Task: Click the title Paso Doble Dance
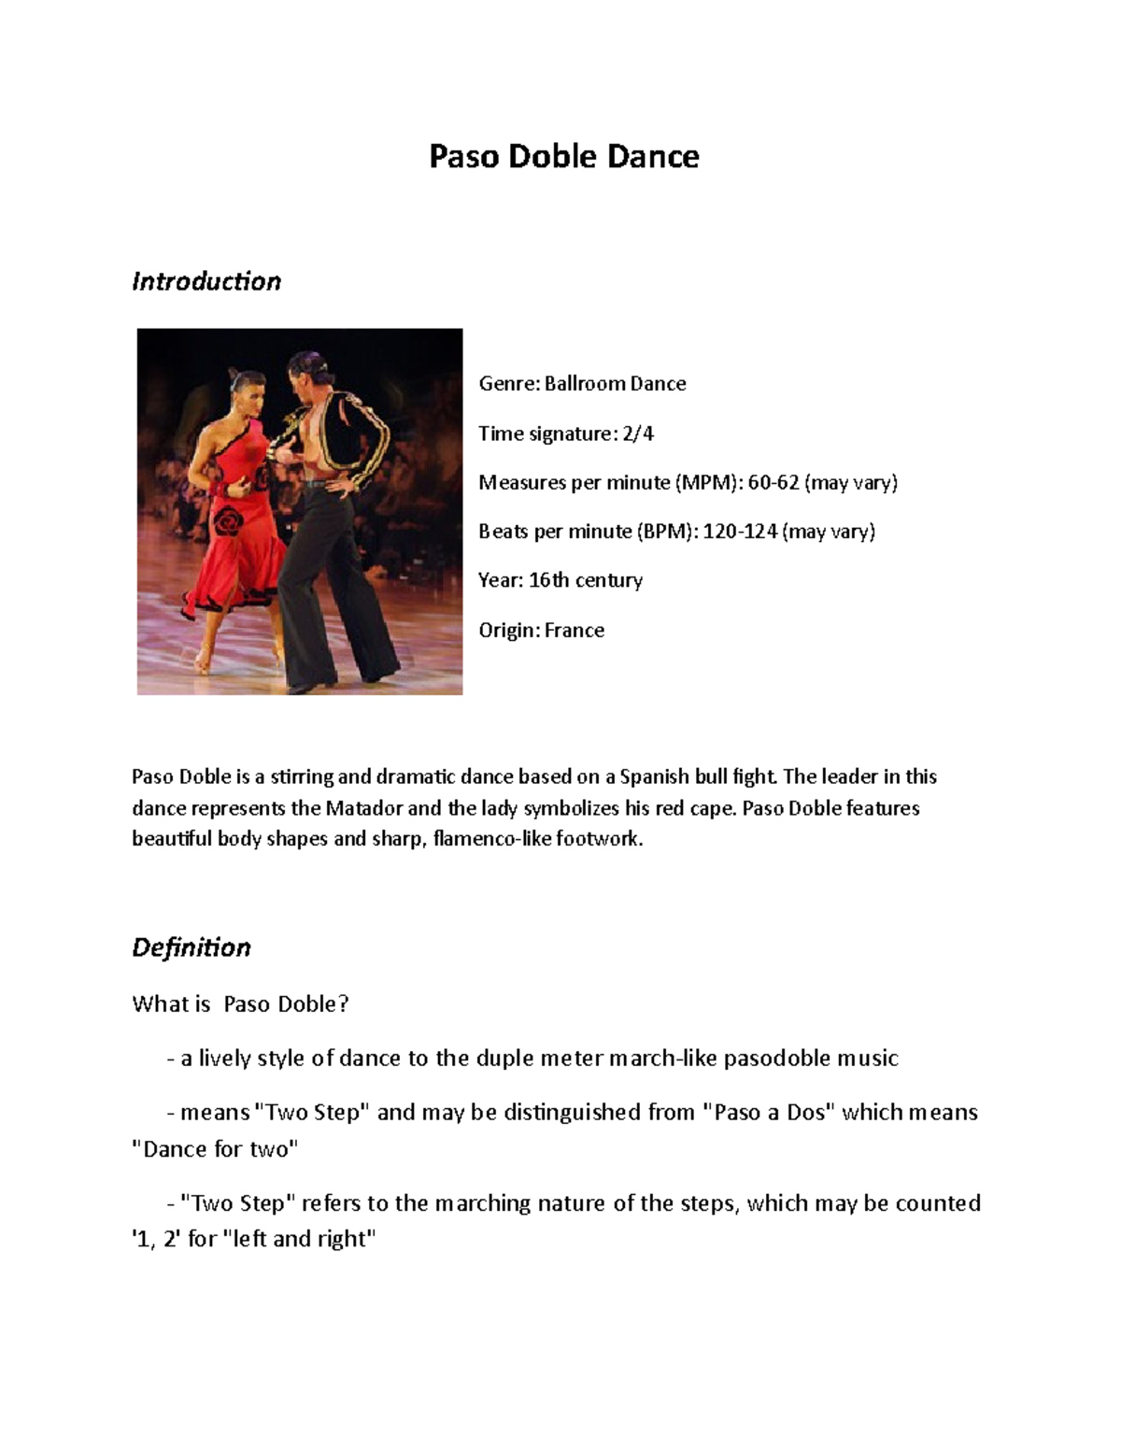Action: [x=563, y=156]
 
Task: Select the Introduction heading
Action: [x=206, y=281]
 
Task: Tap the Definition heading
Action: [x=192, y=947]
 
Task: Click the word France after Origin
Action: [x=575, y=631]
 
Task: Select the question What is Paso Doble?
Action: [x=240, y=1004]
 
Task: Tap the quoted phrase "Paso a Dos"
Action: [x=768, y=1113]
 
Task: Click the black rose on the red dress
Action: [x=227, y=519]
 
